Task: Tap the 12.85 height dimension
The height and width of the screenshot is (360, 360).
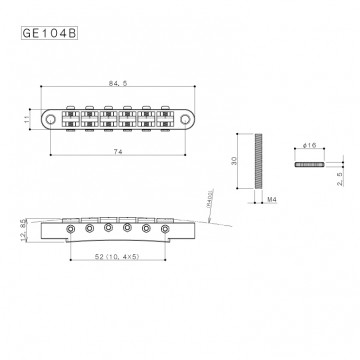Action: click(22, 231)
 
